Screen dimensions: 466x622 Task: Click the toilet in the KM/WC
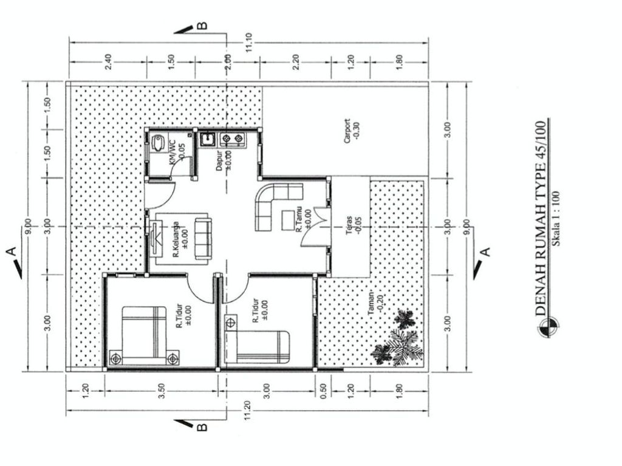coord(158,142)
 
